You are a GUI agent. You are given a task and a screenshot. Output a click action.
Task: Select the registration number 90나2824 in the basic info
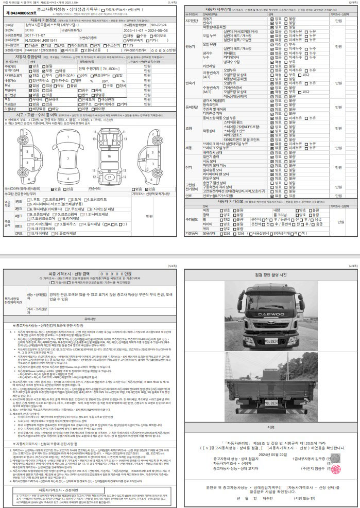[145, 24]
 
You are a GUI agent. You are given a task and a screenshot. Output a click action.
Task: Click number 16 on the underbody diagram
[109, 155]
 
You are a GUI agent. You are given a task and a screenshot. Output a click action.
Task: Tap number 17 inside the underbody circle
[109, 177]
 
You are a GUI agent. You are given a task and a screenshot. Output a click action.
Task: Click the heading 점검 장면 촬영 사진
[270, 275]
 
